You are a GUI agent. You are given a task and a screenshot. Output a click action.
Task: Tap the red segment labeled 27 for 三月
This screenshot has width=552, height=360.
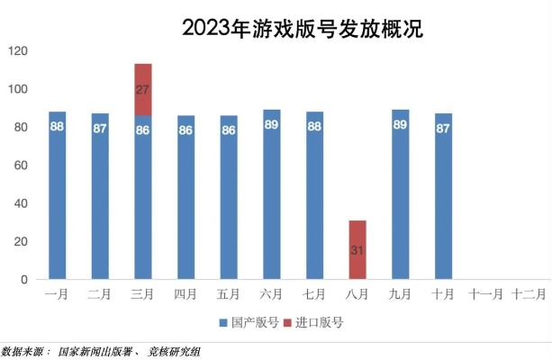coord(143,90)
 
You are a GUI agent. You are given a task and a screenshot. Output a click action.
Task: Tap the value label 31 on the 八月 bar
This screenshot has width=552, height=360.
coord(357,249)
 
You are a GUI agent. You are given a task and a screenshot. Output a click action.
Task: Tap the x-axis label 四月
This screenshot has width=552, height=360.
coord(186,293)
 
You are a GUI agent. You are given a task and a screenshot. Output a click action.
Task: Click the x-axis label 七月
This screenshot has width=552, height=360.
coord(314,293)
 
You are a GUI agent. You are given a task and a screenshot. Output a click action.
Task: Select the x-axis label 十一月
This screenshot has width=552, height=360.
coord(486,293)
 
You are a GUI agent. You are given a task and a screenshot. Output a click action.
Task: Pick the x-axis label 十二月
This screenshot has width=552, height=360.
coord(529,293)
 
